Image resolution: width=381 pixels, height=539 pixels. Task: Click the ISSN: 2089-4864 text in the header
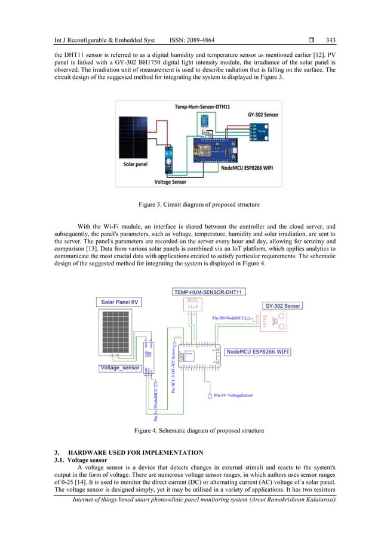point(185,41)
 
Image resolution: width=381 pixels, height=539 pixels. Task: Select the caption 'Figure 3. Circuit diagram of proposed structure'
point(190,205)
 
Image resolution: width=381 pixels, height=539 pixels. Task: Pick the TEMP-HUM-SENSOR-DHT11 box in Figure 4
point(210,292)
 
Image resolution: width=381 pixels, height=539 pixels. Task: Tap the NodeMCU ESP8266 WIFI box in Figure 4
point(258,352)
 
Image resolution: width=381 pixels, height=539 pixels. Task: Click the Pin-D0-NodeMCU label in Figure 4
point(232,318)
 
